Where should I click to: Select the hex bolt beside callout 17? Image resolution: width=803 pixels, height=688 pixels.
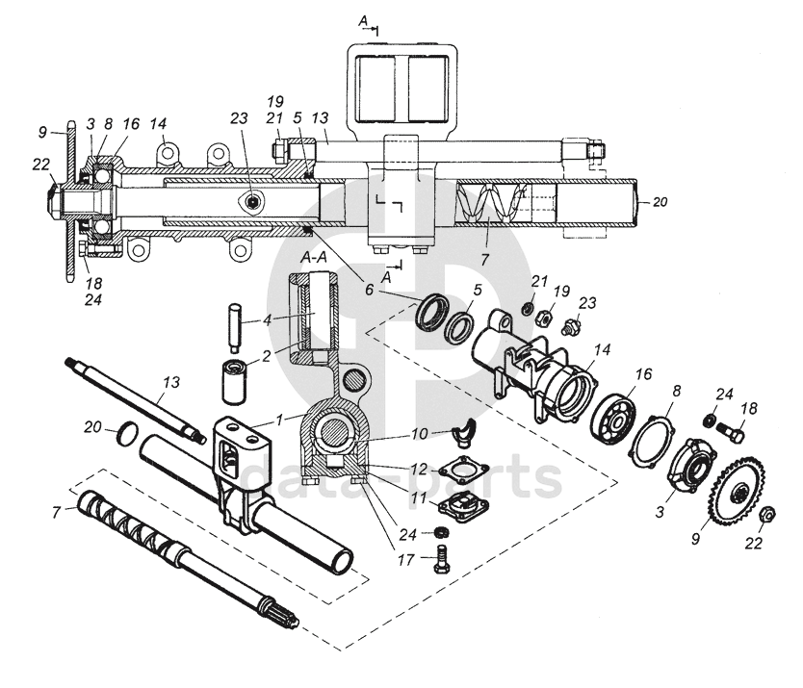[x=441, y=557]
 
